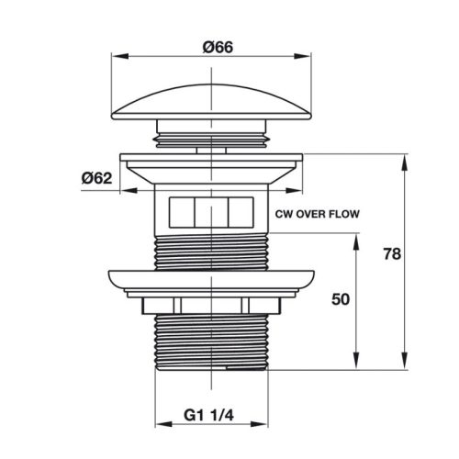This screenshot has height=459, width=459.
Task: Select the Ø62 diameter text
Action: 96,178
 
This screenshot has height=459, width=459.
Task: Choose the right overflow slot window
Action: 241,211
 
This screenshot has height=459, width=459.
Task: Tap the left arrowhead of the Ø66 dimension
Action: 116,55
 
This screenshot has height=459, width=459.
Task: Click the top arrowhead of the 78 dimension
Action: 405,158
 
